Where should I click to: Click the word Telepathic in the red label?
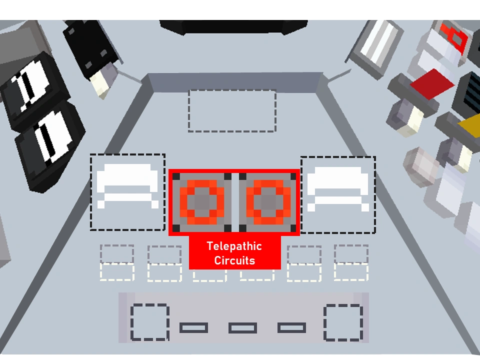pyautogui.click(x=234, y=246)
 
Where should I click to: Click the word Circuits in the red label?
pyautogui.click(x=234, y=260)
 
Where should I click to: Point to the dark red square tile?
pyautogui.click(x=432, y=83)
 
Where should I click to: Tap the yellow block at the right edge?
pyautogui.click(x=470, y=125)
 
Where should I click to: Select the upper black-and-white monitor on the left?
pyautogui.click(x=33, y=89)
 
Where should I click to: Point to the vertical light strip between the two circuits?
pyautogui.click(x=235, y=202)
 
